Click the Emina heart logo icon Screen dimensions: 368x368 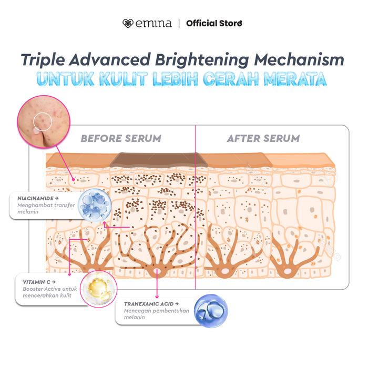128,24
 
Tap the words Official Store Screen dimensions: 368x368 214,24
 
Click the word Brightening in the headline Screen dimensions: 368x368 202,60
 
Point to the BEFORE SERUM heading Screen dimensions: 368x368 121,138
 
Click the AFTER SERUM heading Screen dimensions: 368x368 263,138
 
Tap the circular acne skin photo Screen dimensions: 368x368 44,122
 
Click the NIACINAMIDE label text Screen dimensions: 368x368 36,198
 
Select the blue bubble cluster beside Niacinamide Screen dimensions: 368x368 95,206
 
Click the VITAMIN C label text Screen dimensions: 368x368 37,282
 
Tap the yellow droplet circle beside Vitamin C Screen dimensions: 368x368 99,289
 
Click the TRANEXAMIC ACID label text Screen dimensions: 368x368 149,304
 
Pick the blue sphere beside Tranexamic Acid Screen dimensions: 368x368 211,311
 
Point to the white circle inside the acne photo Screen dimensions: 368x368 43,121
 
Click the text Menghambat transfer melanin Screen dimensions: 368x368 46,208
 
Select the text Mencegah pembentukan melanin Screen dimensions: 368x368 156,314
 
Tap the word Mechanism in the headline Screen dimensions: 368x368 299,59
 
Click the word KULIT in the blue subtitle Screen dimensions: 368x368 124,79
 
